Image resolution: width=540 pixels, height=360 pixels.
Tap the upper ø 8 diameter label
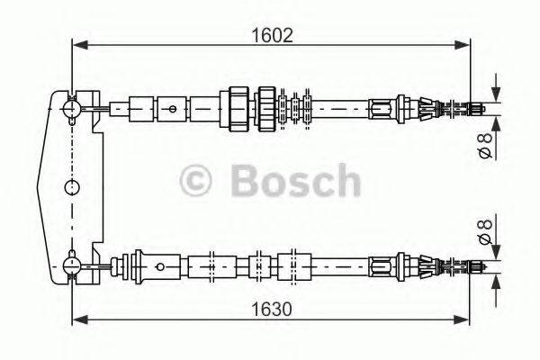point(485,145)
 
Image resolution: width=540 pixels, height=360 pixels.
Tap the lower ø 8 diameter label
point(485,233)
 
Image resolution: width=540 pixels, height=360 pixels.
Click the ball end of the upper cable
point(72,107)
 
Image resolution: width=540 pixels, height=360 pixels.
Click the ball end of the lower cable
point(72,264)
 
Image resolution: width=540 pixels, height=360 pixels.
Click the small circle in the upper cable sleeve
point(173,109)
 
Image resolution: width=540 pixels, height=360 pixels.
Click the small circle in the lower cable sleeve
point(160,265)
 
